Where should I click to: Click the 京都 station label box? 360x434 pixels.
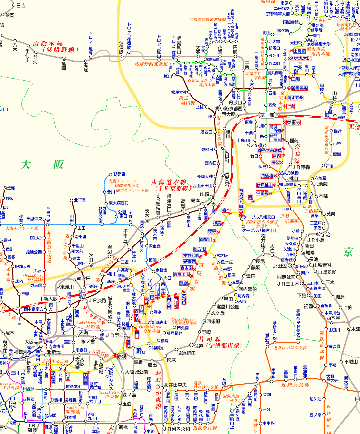pos(267,115)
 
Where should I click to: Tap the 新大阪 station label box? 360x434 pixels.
pos(50,298)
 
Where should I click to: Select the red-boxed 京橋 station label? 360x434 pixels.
pos(122,356)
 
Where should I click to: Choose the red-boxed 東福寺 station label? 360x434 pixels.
pos(294,122)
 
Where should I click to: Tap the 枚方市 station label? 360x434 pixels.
pos(199,249)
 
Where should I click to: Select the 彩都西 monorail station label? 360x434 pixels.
pos(119,174)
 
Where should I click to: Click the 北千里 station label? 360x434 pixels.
pos(80,200)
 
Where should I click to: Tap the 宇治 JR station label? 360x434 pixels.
pos(326,234)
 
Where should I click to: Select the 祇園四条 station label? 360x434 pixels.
pos(299,88)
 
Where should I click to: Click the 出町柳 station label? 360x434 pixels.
pos(299,51)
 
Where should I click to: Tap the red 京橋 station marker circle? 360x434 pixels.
pos(115,355)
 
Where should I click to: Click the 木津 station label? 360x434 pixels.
pos(355,329)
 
